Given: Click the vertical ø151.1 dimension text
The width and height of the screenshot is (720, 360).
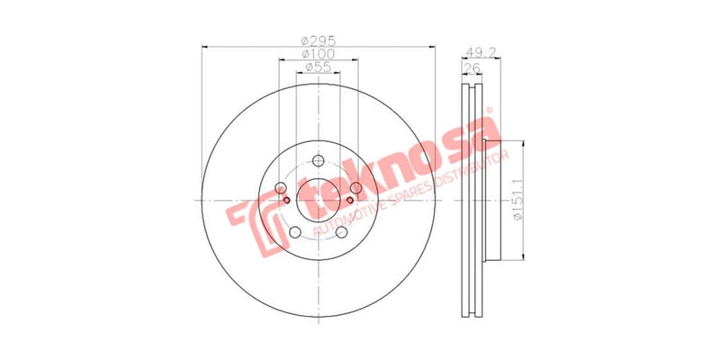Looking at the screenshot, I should coord(516,202).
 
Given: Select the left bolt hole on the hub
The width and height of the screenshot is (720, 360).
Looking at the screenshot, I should coord(280,187).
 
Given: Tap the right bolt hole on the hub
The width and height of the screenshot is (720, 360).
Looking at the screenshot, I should coord(356,187).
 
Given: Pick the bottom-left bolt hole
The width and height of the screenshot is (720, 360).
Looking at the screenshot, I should coord(294,234).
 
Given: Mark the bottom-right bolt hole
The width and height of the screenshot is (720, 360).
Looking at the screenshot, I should coord(342,234).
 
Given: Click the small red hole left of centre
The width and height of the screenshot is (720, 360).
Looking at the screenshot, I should coord(287,200).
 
